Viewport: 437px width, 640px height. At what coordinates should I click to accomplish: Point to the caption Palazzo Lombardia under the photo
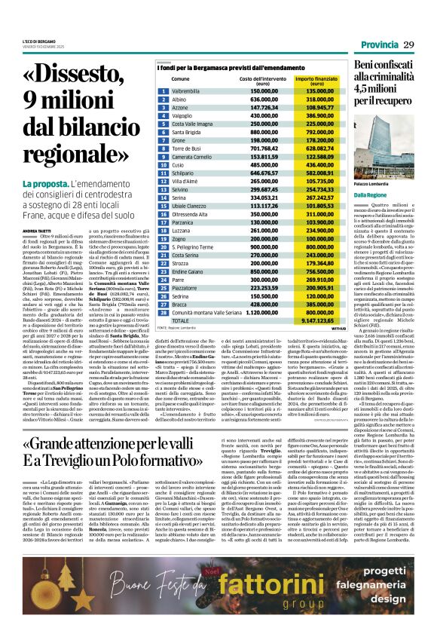(370, 184)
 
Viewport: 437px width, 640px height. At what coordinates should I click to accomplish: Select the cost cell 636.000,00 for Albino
(253, 99)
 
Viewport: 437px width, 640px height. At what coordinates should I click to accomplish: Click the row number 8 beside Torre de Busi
(163, 149)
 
